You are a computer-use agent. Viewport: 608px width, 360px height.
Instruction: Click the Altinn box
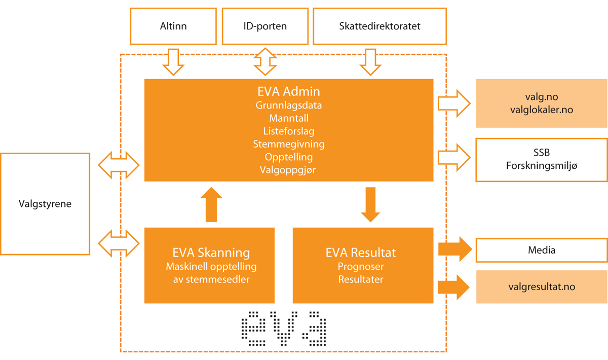click(173, 26)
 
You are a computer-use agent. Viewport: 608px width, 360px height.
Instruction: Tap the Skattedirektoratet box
click(380, 26)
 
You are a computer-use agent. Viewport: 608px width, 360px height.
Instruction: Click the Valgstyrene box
click(45, 204)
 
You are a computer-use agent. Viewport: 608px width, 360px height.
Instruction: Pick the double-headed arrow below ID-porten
click(265, 62)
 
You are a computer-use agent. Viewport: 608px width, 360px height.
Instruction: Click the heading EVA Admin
click(289, 92)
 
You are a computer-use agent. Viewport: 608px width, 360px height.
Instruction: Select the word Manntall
click(289, 119)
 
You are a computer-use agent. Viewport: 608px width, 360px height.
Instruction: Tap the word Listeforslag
click(289, 131)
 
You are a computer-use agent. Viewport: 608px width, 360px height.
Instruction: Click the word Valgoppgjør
click(289, 170)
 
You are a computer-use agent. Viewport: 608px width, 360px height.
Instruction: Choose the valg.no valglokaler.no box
click(542, 103)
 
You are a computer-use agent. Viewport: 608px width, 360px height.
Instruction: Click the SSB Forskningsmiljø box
click(542, 159)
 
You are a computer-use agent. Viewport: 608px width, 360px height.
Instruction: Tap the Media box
click(542, 250)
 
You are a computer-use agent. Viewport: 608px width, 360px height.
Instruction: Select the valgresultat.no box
click(542, 286)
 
